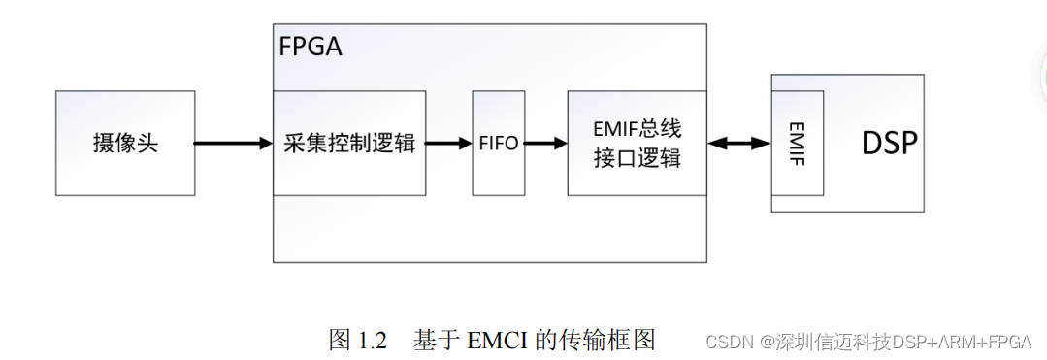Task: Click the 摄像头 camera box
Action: (x=125, y=143)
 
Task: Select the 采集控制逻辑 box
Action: (x=349, y=143)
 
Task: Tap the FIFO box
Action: (x=499, y=143)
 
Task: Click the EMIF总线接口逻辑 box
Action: (x=637, y=143)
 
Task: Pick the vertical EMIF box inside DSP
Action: (x=798, y=143)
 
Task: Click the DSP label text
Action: (x=889, y=144)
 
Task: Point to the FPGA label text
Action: (x=311, y=46)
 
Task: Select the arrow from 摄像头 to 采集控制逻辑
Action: (x=233, y=144)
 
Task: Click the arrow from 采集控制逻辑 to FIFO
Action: (x=448, y=144)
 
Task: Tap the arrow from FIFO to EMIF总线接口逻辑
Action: (x=545, y=144)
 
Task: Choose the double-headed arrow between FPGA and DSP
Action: (x=739, y=144)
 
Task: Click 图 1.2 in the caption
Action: (x=358, y=341)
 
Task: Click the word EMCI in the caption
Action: (x=498, y=341)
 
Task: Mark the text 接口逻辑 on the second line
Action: (x=637, y=158)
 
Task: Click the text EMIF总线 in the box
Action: (x=637, y=129)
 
